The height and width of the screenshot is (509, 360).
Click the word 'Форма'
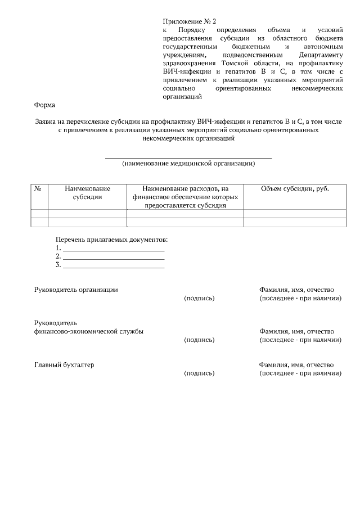point(44,105)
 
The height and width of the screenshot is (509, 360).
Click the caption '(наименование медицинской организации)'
point(188,164)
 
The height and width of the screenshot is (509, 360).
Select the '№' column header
point(39,189)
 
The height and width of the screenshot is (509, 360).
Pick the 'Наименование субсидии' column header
point(87,193)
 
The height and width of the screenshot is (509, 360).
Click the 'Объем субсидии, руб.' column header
point(295,189)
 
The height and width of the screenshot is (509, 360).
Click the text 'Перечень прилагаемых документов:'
point(111,240)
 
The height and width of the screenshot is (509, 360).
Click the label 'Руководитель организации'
point(76,289)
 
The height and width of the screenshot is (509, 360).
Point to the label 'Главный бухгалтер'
point(64,364)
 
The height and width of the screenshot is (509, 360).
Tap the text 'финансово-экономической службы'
point(89,331)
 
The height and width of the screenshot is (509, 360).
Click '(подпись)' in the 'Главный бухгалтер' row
point(199,373)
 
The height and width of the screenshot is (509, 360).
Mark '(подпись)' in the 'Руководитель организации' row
point(199,298)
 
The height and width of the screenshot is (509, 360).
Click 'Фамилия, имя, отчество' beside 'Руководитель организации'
point(296,289)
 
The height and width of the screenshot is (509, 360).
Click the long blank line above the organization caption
point(188,158)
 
